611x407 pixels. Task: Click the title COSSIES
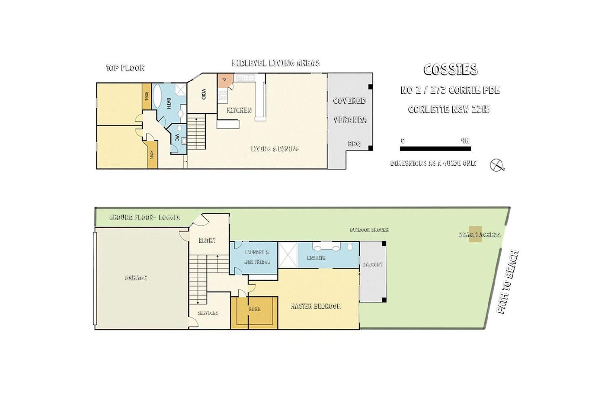coord(450,70)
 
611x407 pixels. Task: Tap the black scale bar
coord(435,148)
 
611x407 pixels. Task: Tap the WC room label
coord(177,137)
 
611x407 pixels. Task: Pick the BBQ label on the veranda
coord(354,144)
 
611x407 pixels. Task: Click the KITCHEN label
coord(239,110)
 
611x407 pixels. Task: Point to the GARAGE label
coord(136,278)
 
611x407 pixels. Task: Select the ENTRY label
coord(207,241)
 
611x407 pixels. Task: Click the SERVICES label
coord(208,313)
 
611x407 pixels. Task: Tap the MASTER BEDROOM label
coord(316,306)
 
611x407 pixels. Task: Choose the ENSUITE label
coord(316,258)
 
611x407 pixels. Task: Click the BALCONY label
coord(373,264)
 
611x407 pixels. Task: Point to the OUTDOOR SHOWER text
coord(369,230)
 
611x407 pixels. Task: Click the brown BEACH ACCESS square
coord(475,234)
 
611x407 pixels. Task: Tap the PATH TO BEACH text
coord(508,282)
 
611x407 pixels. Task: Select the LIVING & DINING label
coord(275,149)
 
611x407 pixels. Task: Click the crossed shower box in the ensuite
coord(288,255)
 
